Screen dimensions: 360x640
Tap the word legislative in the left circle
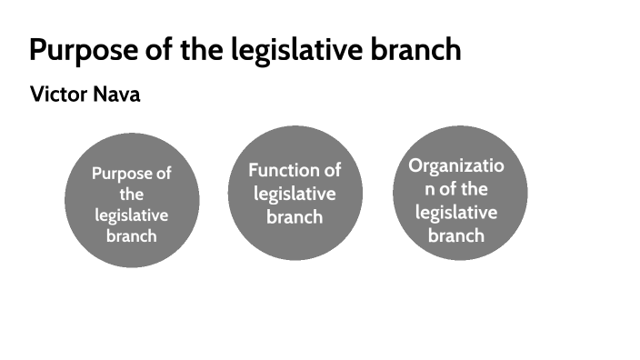pos(132,215)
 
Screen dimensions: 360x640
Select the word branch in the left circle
pos(132,235)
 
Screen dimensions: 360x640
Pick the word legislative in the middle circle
pos(295,194)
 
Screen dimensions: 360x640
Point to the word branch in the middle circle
pos(295,216)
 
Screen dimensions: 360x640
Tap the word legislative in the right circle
pos(456,212)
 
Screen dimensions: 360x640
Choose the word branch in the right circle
pos(456,235)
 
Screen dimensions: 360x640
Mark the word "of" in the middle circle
pos(333,170)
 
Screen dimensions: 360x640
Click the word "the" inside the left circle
pos(132,194)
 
